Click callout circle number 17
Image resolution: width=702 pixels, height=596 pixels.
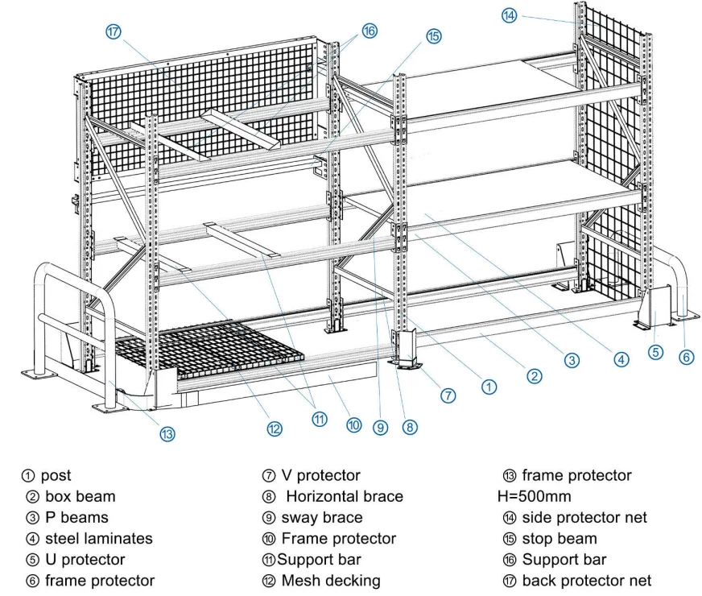point(113,31)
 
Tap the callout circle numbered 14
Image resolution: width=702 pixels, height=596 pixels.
point(509,15)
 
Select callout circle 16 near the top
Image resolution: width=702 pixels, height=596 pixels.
point(369,31)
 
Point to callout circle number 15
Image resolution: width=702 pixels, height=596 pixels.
point(433,36)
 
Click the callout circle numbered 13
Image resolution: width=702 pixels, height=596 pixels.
point(167,433)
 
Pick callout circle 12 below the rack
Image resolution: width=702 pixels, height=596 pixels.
point(275,428)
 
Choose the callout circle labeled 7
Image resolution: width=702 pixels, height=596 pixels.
point(448,395)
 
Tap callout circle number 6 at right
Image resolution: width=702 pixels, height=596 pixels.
point(686,356)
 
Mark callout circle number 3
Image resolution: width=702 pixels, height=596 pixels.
point(571,360)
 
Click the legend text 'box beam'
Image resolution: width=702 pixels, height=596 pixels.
point(80,497)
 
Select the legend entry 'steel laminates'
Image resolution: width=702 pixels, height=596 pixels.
point(98,539)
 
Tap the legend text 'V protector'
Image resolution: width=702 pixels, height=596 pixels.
point(320,476)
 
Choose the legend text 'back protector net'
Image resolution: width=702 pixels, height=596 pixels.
point(586,581)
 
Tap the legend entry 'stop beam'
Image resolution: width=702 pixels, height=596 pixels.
point(559,539)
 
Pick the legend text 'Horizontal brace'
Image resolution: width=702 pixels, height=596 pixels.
point(345,497)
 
